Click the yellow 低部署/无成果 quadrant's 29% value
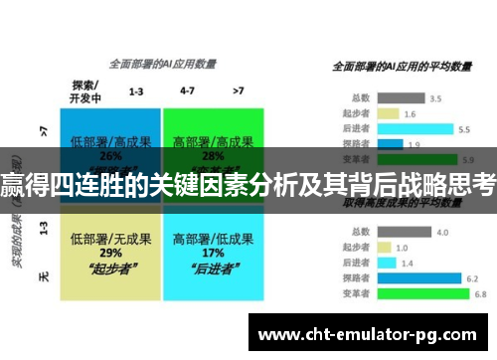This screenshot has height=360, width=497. tap(110, 254)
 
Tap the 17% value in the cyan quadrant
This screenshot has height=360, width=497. tap(212, 254)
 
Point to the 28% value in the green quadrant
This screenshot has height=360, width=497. tap(212, 155)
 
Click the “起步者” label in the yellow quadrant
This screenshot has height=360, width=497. tap(110, 268)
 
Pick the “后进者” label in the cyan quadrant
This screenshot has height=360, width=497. tap(212, 268)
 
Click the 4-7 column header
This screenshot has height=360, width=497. tap(187, 90)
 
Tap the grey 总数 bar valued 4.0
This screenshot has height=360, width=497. tap(404, 233)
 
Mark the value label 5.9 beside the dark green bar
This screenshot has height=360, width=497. tap(466, 159)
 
